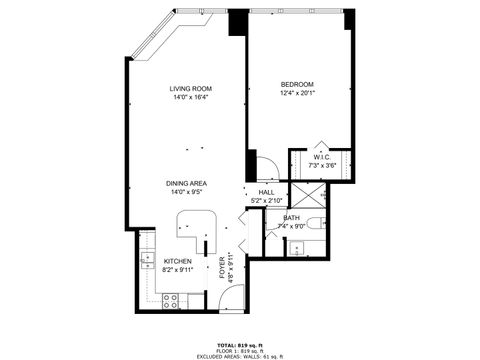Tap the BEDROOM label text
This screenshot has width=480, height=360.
[x=297, y=84]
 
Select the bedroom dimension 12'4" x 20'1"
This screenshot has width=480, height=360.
[x=297, y=93]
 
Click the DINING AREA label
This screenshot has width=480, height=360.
[x=187, y=184]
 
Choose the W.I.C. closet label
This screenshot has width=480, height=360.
[x=321, y=157]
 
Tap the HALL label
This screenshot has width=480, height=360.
[x=266, y=192]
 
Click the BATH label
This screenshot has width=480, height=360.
[x=291, y=218]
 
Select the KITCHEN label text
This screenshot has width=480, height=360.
[x=178, y=261]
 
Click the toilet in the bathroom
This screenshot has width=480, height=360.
[x=314, y=222]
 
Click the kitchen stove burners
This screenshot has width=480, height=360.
[x=169, y=298]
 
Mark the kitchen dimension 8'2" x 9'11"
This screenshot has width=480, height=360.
[x=178, y=270]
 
